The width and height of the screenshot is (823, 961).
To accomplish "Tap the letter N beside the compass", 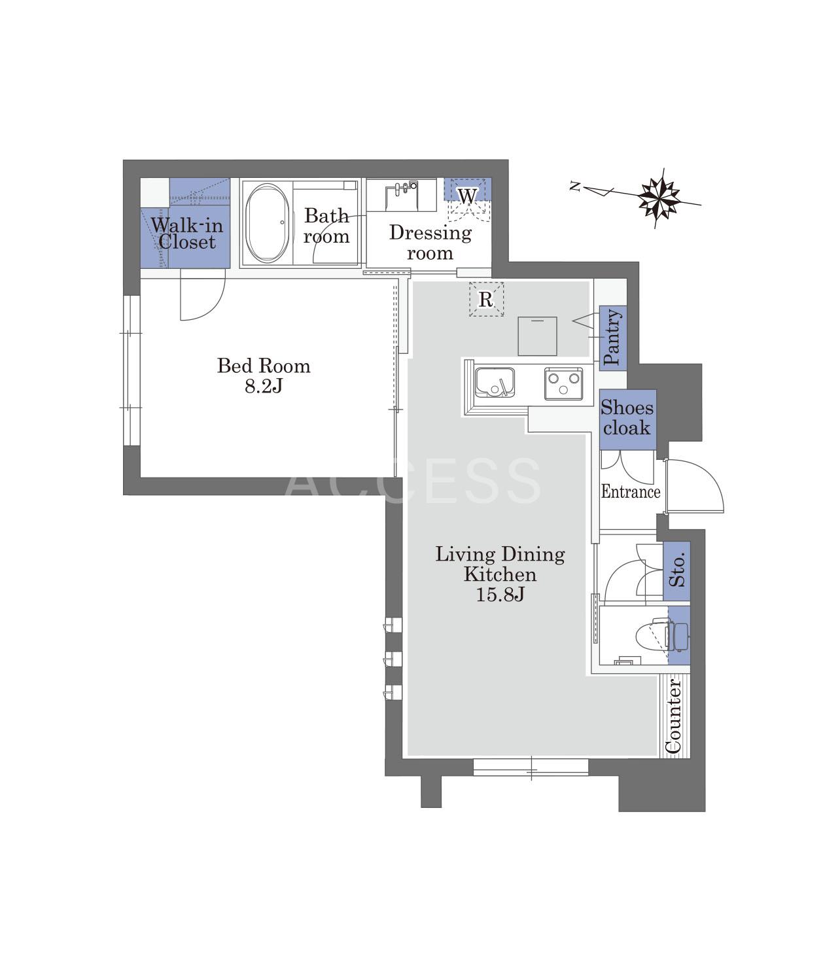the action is tap(575, 186).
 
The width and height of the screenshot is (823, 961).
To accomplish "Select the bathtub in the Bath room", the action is tap(267, 224).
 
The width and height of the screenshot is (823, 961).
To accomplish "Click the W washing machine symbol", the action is tap(467, 196).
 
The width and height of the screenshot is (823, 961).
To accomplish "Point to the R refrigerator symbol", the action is tap(486, 300).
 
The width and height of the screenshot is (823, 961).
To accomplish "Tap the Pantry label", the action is tap(612, 337).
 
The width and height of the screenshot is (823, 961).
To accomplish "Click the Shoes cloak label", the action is tap(627, 417).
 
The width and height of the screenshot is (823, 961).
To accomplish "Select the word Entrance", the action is tap(631, 491).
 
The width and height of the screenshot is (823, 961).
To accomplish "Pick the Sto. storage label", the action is tap(677, 570).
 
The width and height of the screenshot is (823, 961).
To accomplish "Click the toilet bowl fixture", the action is tap(656, 635).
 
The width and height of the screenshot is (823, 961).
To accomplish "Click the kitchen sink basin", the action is tap(495, 383).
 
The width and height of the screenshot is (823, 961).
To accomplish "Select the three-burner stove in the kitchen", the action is tap(563, 383).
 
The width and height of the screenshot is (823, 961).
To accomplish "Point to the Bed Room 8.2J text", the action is tap(264, 376).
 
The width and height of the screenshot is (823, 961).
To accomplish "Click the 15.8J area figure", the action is tap(500, 595).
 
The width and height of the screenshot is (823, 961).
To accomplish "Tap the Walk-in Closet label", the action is tap(187, 234).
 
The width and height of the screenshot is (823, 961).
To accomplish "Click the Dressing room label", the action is tap(430, 242).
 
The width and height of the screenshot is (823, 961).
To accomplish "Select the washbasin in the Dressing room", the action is tap(402, 195).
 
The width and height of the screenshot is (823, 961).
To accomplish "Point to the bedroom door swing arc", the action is tap(215, 307).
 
